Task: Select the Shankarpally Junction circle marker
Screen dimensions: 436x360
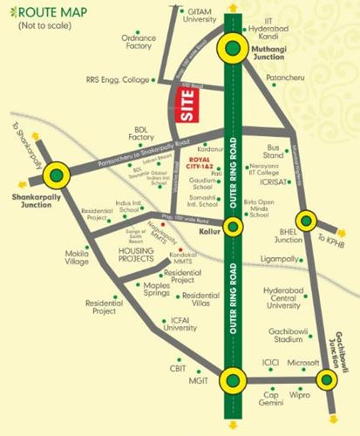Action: (x=57, y=175)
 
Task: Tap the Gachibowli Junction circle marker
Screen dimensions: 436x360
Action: (x=326, y=380)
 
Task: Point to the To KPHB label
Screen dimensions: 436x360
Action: (x=335, y=240)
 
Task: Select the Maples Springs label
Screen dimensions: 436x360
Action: (x=140, y=291)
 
